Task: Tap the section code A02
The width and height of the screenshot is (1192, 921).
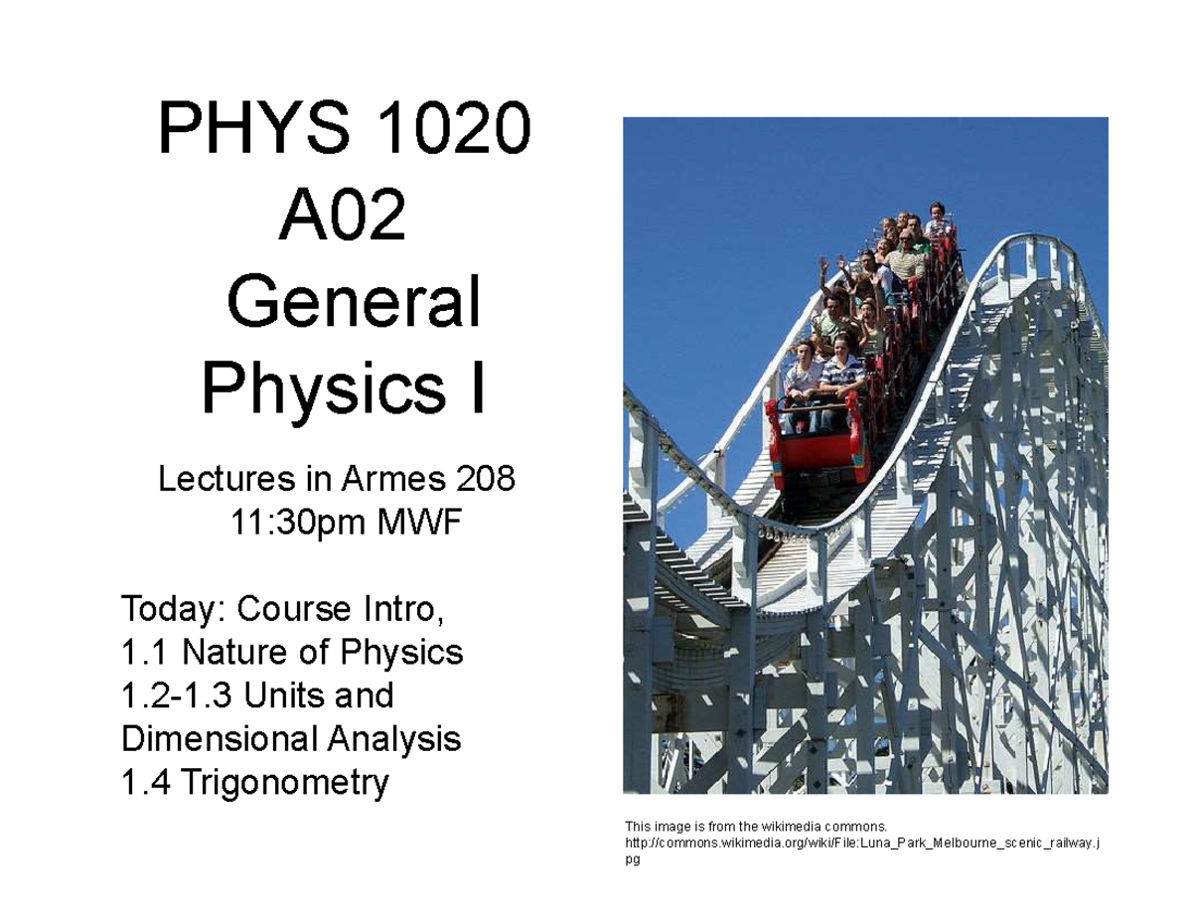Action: coord(343,218)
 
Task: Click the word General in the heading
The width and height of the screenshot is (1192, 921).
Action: coord(354,303)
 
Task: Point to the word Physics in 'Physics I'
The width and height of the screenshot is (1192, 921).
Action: coord(316,389)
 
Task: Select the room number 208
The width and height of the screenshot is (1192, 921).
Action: coord(486,480)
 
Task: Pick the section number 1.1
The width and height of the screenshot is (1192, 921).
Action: coord(145,653)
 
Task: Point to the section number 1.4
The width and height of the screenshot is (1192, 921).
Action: coord(145,784)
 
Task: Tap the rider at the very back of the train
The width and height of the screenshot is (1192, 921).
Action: coord(937,217)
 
